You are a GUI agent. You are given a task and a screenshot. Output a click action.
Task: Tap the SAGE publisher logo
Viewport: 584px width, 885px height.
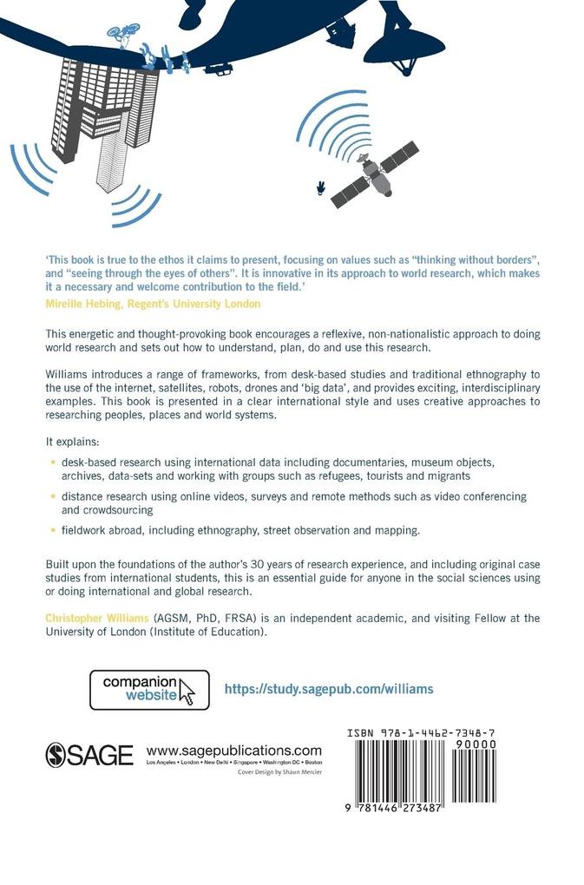click(89, 754)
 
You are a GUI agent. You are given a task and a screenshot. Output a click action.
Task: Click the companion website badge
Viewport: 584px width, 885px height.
click(149, 690)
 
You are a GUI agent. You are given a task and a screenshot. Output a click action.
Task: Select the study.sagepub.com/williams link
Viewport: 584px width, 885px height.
click(329, 689)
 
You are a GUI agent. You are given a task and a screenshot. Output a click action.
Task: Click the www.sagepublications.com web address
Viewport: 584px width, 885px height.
click(234, 751)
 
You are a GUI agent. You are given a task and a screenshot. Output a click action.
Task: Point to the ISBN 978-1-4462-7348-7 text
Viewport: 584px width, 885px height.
click(421, 734)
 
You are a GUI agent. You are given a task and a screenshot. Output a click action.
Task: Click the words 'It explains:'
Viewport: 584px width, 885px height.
click(73, 442)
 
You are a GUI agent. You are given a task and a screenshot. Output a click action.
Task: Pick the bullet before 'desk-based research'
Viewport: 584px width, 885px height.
click(53, 462)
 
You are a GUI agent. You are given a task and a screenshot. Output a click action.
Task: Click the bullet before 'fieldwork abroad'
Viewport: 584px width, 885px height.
click(53, 528)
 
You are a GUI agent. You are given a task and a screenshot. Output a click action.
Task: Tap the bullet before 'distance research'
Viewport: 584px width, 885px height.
click(53, 495)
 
